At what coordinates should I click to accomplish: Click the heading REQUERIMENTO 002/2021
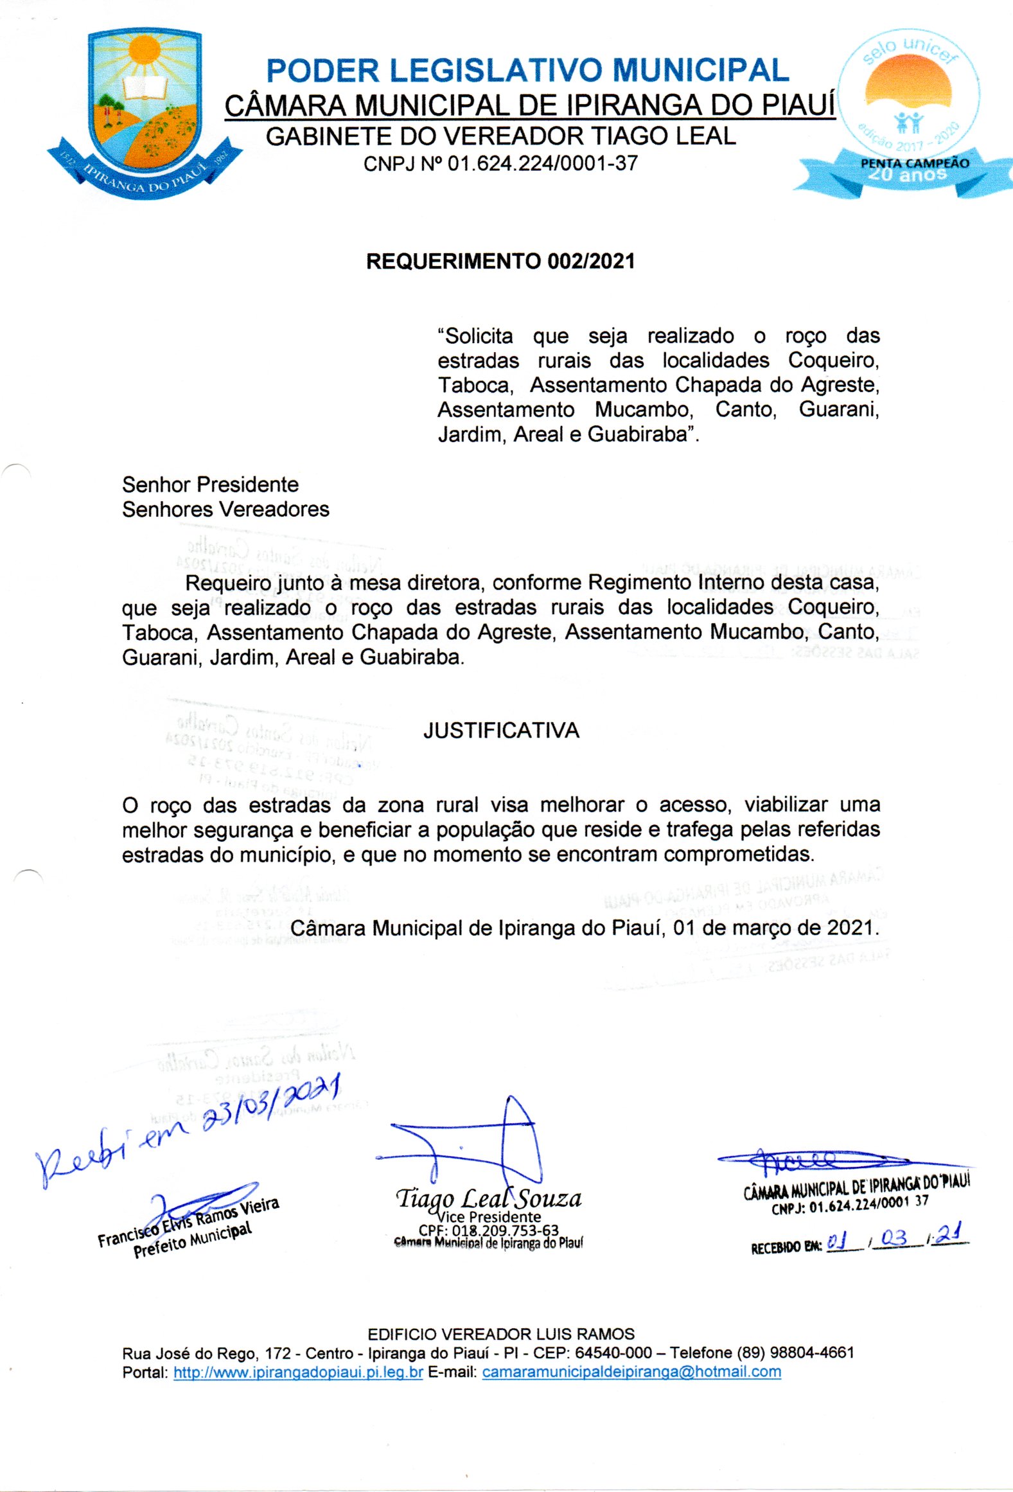(500, 262)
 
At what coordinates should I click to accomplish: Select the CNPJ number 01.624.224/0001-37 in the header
(543, 164)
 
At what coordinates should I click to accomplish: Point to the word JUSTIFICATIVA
(501, 731)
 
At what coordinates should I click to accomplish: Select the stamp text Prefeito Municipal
(193, 1239)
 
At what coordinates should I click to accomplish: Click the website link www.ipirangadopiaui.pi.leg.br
(298, 1372)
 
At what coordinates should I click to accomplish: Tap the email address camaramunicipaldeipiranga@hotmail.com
(631, 1372)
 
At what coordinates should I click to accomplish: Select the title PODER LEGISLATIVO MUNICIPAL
(527, 71)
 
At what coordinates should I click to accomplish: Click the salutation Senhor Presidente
(210, 484)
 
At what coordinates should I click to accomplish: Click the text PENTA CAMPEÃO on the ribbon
(914, 163)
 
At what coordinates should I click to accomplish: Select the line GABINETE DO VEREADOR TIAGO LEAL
(500, 136)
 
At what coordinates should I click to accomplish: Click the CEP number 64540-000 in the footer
(613, 1353)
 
